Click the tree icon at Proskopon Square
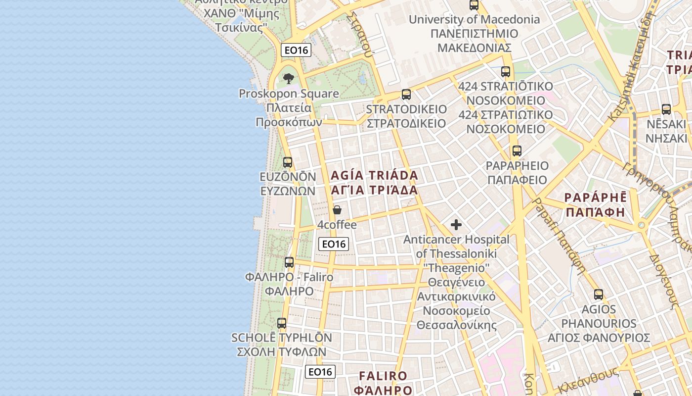click(x=289, y=78)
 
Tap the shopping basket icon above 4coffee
click(x=337, y=210)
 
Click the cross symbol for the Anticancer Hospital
click(x=456, y=225)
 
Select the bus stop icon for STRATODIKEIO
click(x=406, y=94)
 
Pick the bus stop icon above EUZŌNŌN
click(x=287, y=162)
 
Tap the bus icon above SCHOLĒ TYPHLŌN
click(x=282, y=323)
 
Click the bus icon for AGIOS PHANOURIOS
click(x=599, y=295)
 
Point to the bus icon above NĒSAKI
click(x=666, y=109)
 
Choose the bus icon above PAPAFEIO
click(x=517, y=151)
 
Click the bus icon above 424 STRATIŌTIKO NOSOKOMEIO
click(x=506, y=71)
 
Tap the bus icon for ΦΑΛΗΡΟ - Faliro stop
click(x=289, y=262)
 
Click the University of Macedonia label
click(x=474, y=20)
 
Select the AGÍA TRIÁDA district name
click(x=374, y=175)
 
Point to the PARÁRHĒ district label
click(x=596, y=197)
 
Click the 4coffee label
click(x=337, y=225)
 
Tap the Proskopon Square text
click(x=289, y=94)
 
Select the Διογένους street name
click(x=662, y=282)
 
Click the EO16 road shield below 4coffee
click(x=334, y=244)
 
